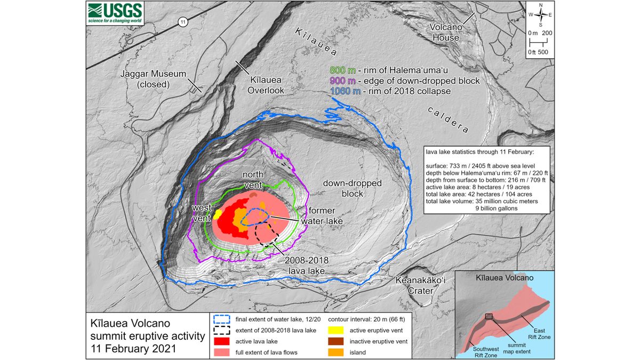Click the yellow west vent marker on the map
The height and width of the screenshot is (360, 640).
click(218, 213)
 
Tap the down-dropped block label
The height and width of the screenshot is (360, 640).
click(352, 188)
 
